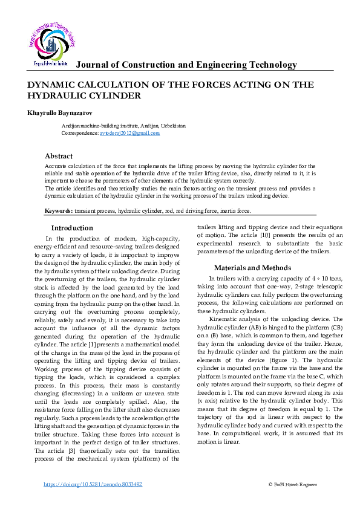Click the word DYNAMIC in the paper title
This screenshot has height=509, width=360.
pyautogui.click(x=53, y=85)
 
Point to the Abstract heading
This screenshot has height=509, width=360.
pyautogui.click(x=59, y=155)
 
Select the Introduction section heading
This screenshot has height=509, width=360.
pyautogui.click(x=72, y=228)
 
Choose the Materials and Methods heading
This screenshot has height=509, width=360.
pyautogui.click(x=252, y=268)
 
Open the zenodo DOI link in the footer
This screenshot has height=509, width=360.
pyautogui.click(x=94, y=484)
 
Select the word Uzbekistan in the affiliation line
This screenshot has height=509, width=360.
pyautogui.click(x=173, y=126)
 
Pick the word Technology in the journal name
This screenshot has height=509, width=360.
pyautogui.click(x=268, y=65)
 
